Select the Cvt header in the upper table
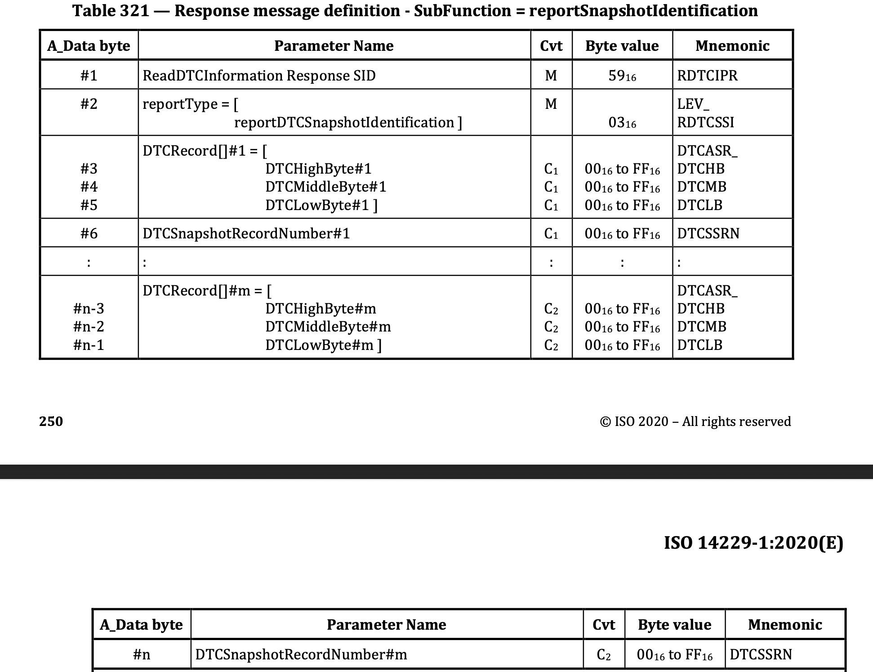click(x=551, y=46)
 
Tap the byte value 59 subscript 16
click(x=622, y=76)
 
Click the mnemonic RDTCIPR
click(x=707, y=76)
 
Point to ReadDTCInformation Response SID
click(x=259, y=76)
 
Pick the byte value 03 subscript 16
click(x=622, y=123)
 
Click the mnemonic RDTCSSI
click(x=705, y=122)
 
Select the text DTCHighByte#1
click(x=318, y=169)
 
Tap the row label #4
click(x=89, y=187)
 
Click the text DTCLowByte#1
click(x=321, y=205)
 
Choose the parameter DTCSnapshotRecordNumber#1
click(x=246, y=233)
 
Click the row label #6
click(x=89, y=233)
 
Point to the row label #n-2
click(x=89, y=327)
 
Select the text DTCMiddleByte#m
click(x=328, y=327)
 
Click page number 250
click(x=51, y=421)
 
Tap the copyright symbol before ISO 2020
click(x=606, y=422)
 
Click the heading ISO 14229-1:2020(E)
click(x=753, y=543)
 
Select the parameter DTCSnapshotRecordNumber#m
click(x=301, y=654)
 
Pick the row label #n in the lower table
click(x=141, y=654)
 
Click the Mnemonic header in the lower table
click(x=785, y=625)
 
